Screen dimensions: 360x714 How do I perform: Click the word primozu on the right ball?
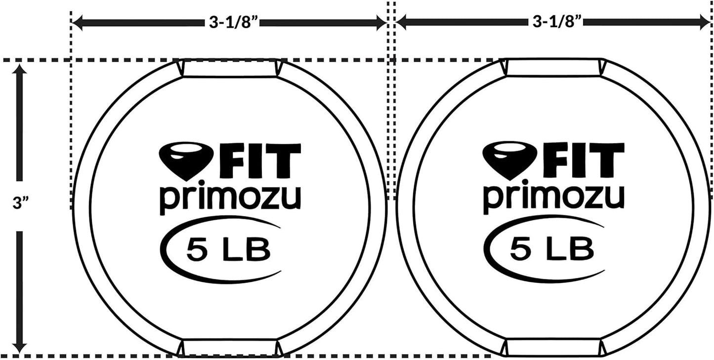[554, 198]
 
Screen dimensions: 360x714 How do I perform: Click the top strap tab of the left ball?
[230, 69]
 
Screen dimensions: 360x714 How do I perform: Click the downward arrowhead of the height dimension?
[19, 345]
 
